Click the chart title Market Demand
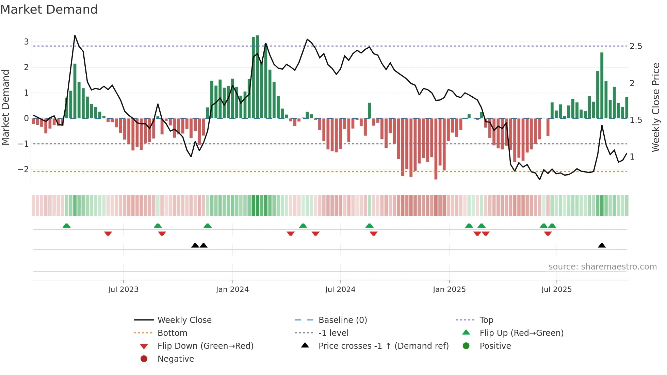tap(49, 10)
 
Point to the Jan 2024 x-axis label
tap(232, 290)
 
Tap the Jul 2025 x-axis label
tap(556, 290)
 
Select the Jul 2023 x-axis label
tap(123, 290)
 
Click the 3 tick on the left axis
tap(26, 42)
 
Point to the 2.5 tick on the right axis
tap(636, 46)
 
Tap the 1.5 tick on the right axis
tap(636, 120)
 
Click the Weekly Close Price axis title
tap(655, 107)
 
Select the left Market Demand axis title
tap(5, 107)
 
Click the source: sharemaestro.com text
tap(602, 267)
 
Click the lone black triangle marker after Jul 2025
tap(602, 245)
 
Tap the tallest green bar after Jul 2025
tap(602, 85)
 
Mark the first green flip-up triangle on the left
tap(67, 226)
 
